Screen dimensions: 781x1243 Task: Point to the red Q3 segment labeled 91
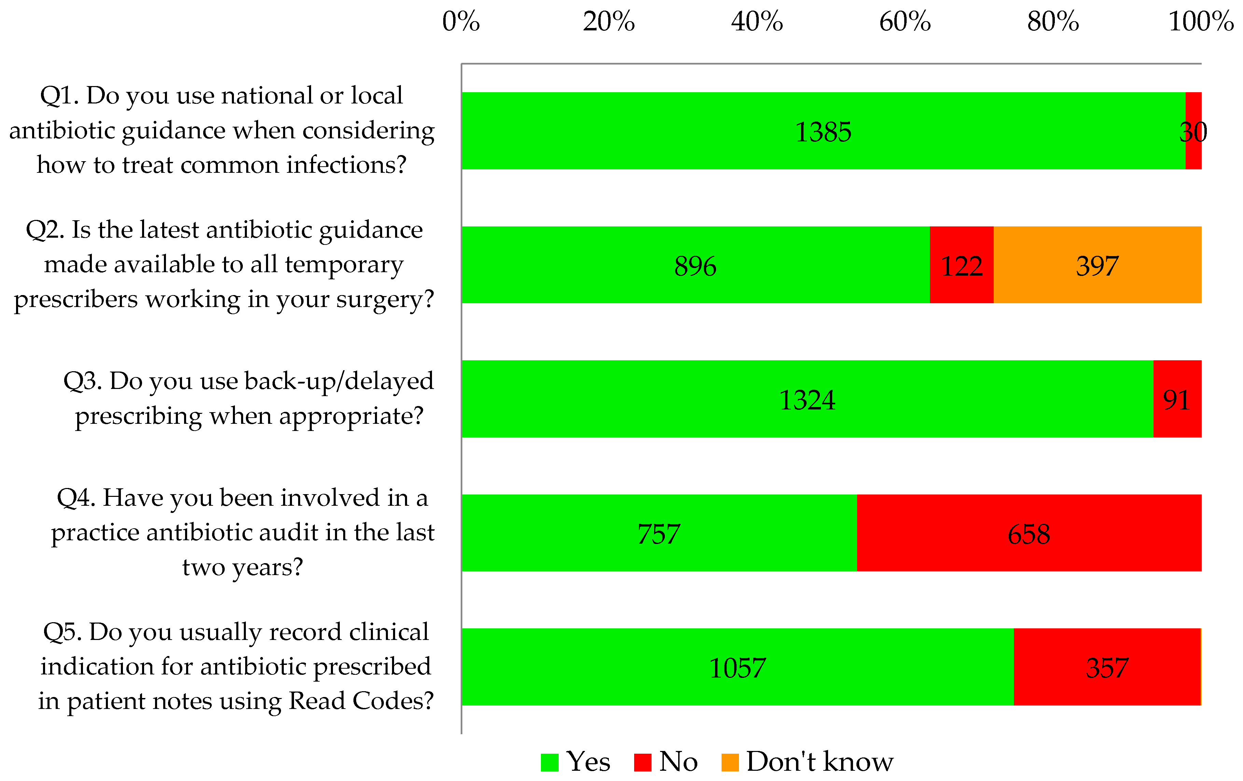[x=1177, y=399]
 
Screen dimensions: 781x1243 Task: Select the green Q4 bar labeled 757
[x=659, y=533]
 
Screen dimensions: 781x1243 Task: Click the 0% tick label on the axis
[x=461, y=22]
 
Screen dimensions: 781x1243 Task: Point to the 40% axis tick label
[x=757, y=22]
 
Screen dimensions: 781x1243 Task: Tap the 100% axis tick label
[x=1201, y=22]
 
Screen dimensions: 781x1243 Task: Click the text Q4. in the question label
[x=76, y=498]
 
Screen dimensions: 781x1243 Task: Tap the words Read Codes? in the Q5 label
[x=361, y=700]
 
